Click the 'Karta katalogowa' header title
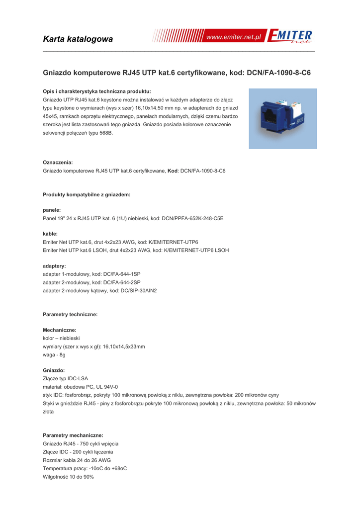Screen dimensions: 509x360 coord(78,39)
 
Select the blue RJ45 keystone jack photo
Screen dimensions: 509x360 coord(283,119)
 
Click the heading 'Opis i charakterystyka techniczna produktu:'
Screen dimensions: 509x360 coord(97,91)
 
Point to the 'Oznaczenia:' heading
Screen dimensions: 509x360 coord(58,162)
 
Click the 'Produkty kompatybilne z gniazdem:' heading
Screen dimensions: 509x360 coord(87,194)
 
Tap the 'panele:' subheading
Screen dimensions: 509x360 coord(52,210)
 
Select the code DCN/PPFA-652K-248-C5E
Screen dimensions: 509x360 coord(192,218)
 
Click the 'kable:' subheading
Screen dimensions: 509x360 coord(51,234)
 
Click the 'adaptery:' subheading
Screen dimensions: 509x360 coord(55,266)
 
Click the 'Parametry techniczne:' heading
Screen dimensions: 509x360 coord(70,314)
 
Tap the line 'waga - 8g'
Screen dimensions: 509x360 coord(54,355)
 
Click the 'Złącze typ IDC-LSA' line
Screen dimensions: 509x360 coord(66,378)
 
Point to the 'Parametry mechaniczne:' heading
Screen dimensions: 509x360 coord(73,435)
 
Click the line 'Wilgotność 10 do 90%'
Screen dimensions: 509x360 coord(69,477)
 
